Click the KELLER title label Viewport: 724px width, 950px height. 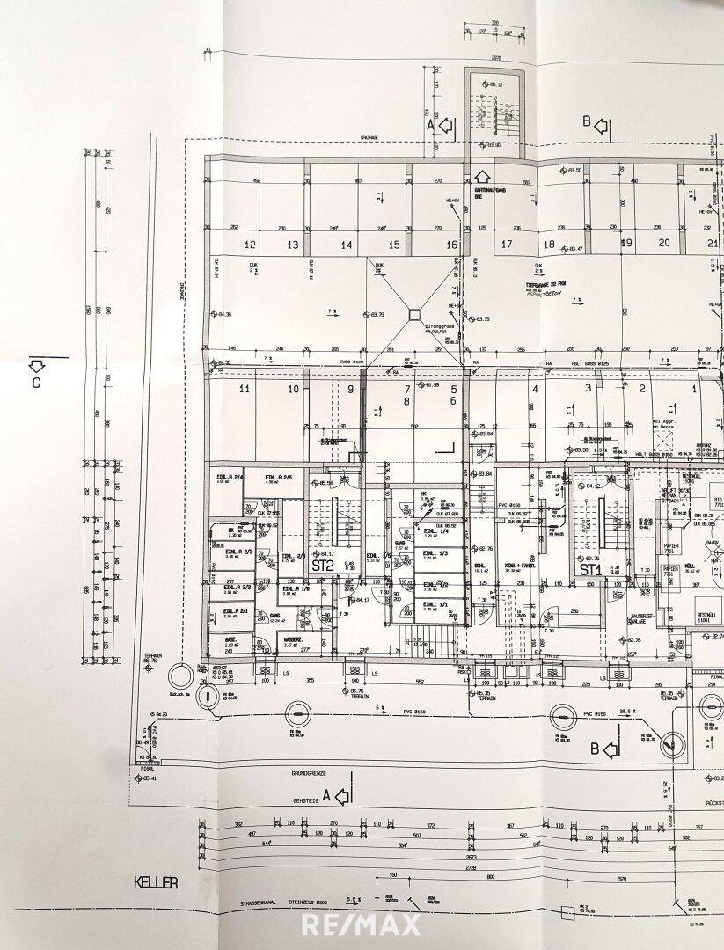[156, 883]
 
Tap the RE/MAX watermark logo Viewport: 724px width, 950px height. [362, 924]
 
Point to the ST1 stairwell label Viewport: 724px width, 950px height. [589, 569]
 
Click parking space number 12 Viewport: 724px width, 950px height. [250, 245]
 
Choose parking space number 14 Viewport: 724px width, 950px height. [347, 245]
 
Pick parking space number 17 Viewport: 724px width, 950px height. [506, 245]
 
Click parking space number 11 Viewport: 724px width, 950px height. [245, 389]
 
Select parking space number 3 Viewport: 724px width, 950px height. [588, 388]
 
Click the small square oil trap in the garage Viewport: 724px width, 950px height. [413, 312]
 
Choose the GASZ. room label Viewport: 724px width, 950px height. [230, 639]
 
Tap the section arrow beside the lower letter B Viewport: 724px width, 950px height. [614, 749]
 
